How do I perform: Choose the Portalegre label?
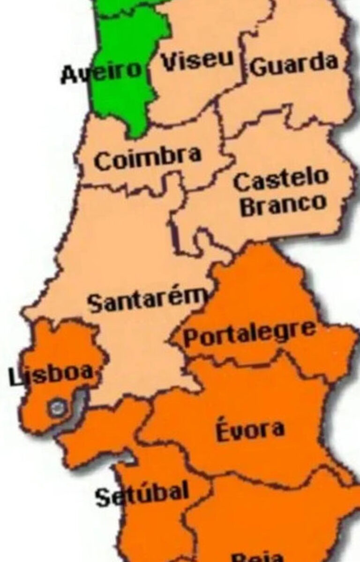[249, 333]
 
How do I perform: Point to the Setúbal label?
[142, 494]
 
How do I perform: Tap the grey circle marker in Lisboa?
[57, 408]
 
